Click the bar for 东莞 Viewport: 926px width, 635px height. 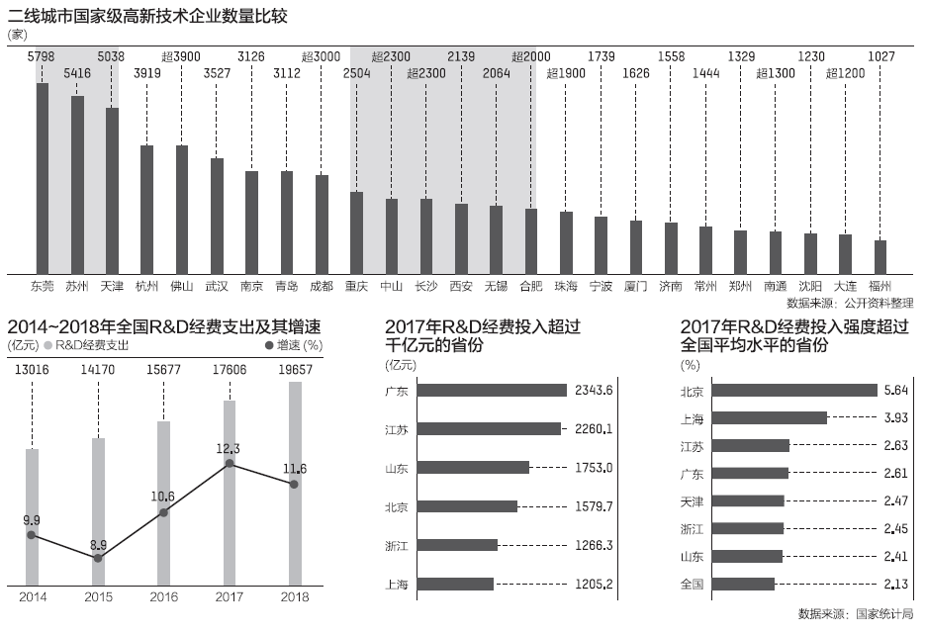(43, 178)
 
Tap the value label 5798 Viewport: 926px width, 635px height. (43, 56)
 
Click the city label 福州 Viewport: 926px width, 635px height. (880, 286)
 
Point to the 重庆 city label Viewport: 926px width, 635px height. (356, 286)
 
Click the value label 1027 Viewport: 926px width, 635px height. (880, 56)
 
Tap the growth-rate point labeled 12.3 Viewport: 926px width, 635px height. (230, 463)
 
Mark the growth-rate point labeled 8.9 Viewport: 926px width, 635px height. (98, 559)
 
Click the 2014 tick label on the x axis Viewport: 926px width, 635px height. (33, 596)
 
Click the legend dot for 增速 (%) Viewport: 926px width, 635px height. (268, 346)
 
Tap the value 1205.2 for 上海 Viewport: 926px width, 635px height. (594, 584)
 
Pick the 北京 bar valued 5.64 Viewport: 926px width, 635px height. (794, 390)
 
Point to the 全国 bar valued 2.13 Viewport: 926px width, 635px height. (743, 584)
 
